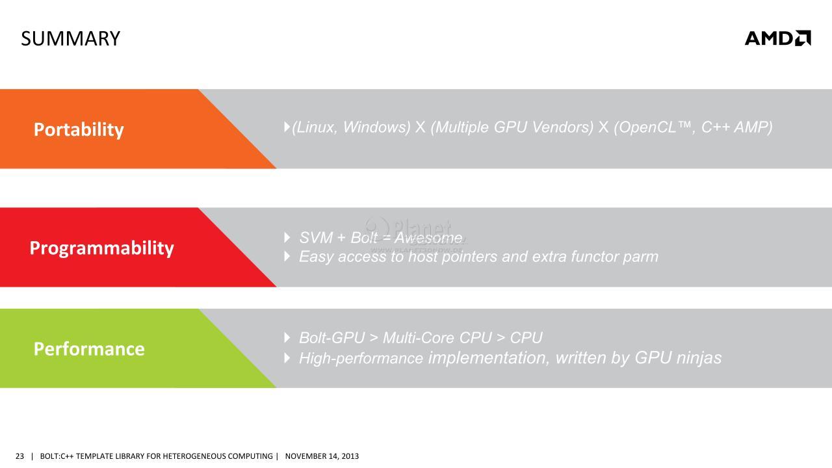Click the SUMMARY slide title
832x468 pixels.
click(71, 38)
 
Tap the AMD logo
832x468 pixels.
click(778, 38)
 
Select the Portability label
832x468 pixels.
click(79, 129)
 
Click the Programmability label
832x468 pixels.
click(102, 248)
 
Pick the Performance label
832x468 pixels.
click(89, 349)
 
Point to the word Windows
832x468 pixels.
click(376, 127)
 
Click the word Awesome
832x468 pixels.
click(428, 238)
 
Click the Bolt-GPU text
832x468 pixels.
click(332, 338)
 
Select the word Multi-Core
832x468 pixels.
click(419, 338)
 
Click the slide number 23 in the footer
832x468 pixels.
click(19, 456)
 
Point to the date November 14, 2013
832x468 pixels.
click(322, 456)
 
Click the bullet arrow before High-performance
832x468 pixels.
click(287, 358)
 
